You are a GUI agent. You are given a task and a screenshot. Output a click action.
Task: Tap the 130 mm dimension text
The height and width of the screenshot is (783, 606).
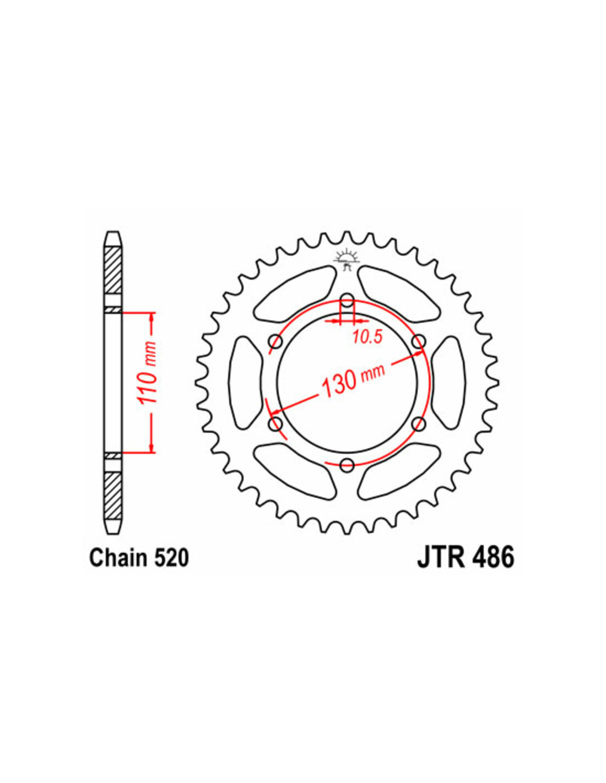pyautogui.click(x=352, y=380)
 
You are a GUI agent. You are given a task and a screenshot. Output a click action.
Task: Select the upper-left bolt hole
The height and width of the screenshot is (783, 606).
pyautogui.click(x=276, y=341)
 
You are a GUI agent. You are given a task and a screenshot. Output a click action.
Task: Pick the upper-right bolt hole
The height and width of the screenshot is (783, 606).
pyautogui.click(x=419, y=341)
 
